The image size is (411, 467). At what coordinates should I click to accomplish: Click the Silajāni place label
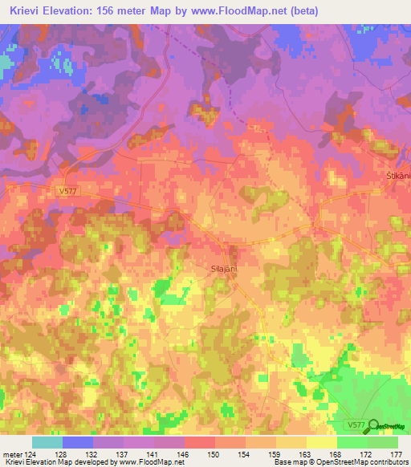[223, 271]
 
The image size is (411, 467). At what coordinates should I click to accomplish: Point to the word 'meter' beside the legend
[10, 455]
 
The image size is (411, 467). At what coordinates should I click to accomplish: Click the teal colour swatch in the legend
[47, 442]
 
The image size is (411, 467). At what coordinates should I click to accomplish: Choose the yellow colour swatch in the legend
[321, 442]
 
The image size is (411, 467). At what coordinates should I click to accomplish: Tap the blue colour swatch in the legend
[78, 442]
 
